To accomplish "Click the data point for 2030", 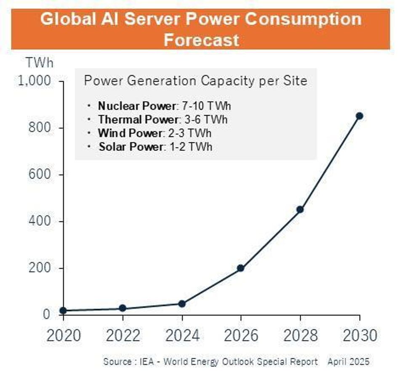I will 359,116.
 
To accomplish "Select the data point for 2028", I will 300,209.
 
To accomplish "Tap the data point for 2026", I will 240,268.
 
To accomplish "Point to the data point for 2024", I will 182,304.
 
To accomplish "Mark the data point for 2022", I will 123,309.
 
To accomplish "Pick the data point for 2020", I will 63,311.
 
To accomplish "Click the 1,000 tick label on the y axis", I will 35,80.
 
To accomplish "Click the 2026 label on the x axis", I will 241,335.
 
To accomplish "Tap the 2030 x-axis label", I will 360,335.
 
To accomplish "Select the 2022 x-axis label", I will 123,335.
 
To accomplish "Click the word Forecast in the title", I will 201,40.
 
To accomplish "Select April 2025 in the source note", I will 348,362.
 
